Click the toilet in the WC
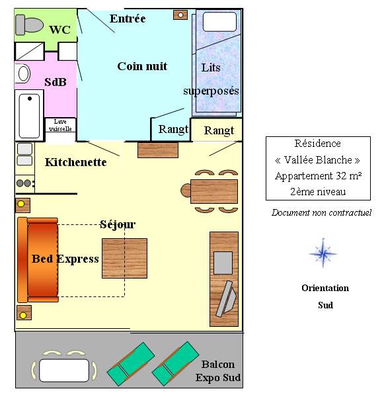pos(29,25)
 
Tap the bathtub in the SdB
pos(29,116)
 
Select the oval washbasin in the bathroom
pos(23,73)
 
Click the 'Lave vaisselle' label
pos(60,125)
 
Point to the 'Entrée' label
pos(128,19)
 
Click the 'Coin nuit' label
pos(142,66)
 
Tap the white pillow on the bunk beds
pos(219,22)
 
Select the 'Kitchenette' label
pos(75,162)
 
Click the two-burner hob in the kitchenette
pos(25,183)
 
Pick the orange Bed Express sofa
pos(38,260)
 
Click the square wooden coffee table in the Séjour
pos(124,258)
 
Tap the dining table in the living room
pos(214,191)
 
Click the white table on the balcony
pos(64,371)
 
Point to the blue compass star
pos(323,253)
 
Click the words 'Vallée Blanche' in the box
pos(318,160)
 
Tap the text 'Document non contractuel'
pos(321,212)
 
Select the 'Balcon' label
pos(218,365)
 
